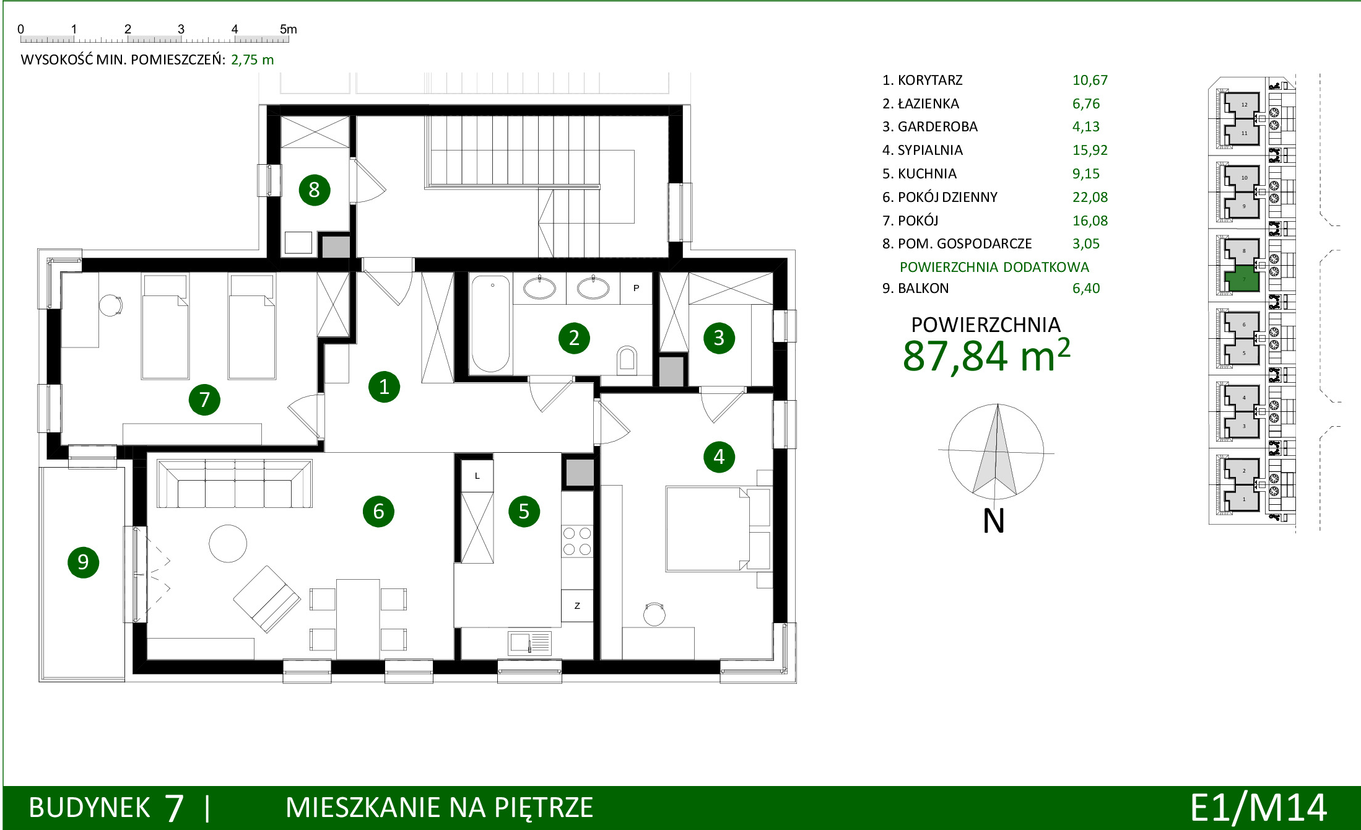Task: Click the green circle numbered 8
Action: click(314, 190)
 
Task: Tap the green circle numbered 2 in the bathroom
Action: click(574, 338)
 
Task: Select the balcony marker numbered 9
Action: click(83, 562)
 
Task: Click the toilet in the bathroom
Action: click(627, 359)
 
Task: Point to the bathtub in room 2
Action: click(490, 323)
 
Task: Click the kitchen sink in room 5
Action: click(529, 643)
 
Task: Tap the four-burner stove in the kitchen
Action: click(577, 541)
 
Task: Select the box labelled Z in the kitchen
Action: click(577, 606)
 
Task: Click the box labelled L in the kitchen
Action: click(477, 476)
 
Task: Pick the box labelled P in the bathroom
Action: click(636, 288)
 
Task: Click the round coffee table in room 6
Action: click(228, 543)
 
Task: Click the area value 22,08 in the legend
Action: click(1090, 197)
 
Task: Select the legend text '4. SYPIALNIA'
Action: click(923, 150)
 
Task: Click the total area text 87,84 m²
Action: click(986, 356)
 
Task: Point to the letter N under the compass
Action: click(994, 520)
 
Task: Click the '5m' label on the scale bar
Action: click(289, 29)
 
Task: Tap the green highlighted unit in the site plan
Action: click(1243, 279)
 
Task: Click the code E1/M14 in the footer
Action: click(1258, 808)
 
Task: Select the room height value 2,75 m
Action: click(252, 59)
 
